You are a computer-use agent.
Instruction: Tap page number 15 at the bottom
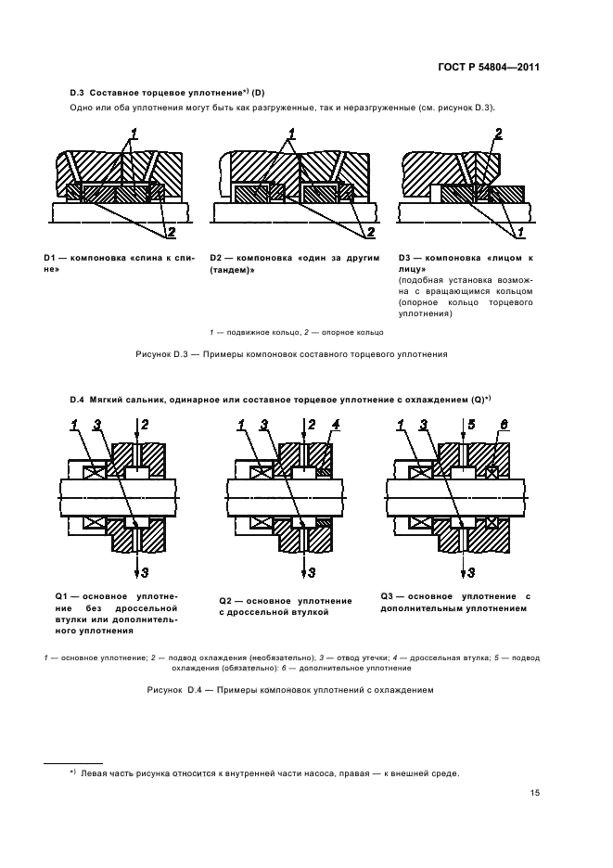pyautogui.click(x=535, y=793)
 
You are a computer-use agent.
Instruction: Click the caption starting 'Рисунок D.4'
pyautogui.click(x=290, y=690)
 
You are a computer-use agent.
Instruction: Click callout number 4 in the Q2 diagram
pyautogui.click(x=337, y=425)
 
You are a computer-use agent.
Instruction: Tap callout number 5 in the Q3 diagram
pyautogui.click(x=471, y=425)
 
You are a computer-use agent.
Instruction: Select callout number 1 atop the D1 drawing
pyautogui.click(x=134, y=132)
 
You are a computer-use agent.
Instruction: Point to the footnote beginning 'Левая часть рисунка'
pyautogui.click(x=269, y=773)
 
